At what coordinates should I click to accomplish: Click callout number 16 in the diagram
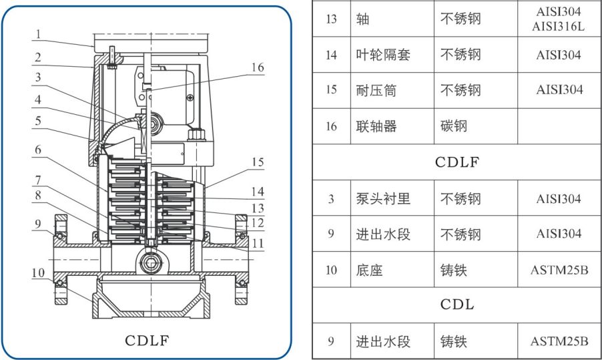pyautogui.click(x=257, y=67)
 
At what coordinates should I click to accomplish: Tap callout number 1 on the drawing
pyautogui.click(x=39, y=33)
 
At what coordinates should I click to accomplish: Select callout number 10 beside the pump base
pyautogui.click(x=38, y=273)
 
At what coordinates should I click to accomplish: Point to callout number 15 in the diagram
pyautogui.click(x=257, y=162)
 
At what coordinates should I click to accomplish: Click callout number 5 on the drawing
pyautogui.click(x=39, y=121)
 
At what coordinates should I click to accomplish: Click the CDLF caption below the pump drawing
pyautogui.click(x=147, y=340)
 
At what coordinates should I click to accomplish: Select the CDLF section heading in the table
pyautogui.click(x=457, y=162)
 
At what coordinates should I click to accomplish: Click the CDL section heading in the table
pyautogui.click(x=457, y=305)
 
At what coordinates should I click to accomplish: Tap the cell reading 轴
pyautogui.click(x=362, y=18)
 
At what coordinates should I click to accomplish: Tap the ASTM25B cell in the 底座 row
pyautogui.click(x=559, y=270)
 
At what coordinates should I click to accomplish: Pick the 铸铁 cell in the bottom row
pyautogui.click(x=453, y=341)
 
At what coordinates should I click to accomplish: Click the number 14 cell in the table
pyautogui.click(x=331, y=55)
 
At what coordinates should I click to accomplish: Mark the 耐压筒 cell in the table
pyautogui.click(x=376, y=90)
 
